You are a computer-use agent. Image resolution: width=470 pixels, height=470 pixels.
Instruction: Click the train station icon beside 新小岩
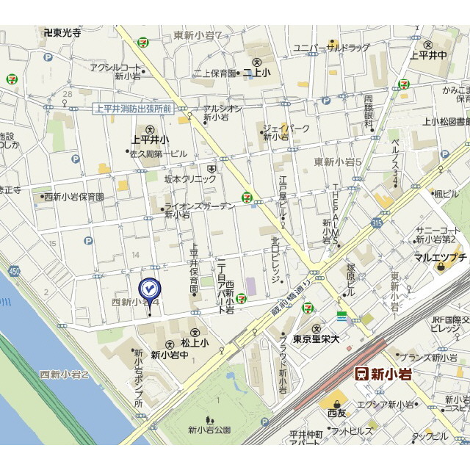tap(361, 373)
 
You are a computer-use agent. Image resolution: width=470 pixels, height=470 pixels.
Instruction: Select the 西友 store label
tap(337, 413)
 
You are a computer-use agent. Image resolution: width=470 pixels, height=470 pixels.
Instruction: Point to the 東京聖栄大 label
tap(316, 339)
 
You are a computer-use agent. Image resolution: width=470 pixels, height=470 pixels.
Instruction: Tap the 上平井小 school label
tap(150, 139)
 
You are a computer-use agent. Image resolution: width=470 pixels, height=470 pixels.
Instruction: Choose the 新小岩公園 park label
tap(209, 430)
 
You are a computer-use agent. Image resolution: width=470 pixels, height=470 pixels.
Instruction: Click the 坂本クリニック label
tap(190, 178)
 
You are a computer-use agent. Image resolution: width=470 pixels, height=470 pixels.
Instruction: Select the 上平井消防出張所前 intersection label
tap(133, 109)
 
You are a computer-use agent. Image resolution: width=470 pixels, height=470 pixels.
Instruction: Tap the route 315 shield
tap(377, 223)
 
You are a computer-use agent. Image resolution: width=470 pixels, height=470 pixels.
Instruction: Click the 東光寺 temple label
tap(62, 32)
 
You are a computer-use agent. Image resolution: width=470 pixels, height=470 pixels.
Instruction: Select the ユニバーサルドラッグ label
tap(332, 48)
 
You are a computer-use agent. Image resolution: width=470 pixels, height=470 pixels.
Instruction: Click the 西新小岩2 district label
tap(64, 375)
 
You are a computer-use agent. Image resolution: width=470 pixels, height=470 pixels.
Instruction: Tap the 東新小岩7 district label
tap(198, 35)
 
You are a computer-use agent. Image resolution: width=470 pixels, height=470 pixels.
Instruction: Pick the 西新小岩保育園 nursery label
tap(73, 197)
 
